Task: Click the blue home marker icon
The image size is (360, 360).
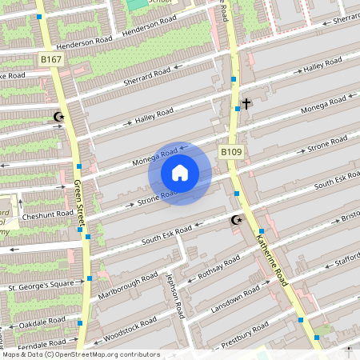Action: tap(180, 172)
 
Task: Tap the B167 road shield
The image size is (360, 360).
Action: tap(50, 59)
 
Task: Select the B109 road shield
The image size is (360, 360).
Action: tap(230, 152)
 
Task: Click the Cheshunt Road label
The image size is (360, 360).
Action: tap(48, 216)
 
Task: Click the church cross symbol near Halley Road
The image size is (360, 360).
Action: tap(246, 103)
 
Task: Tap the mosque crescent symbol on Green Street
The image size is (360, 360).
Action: tap(58, 117)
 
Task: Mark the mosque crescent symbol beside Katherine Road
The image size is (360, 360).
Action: tap(236, 220)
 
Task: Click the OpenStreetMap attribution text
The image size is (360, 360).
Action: tap(80, 354)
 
